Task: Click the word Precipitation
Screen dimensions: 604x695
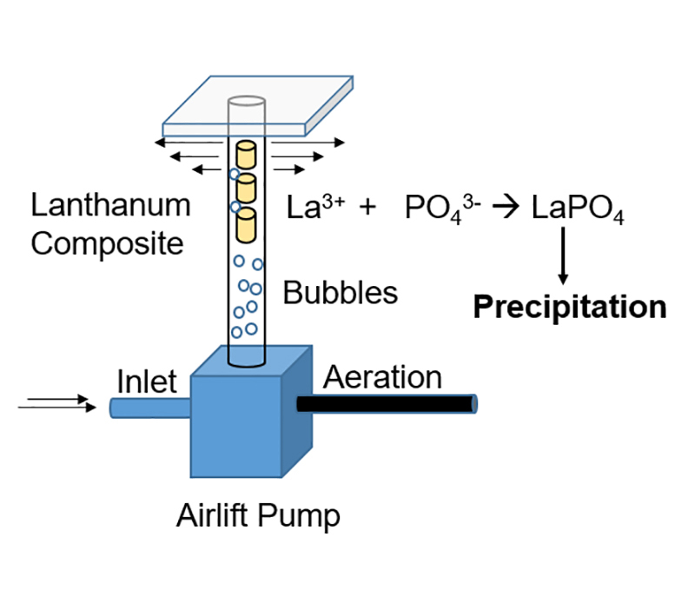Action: (569, 307)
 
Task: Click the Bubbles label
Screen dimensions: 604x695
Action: (341, 293)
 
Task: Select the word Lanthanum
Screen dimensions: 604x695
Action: (110, 206)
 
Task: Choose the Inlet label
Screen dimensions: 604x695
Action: (147, 381)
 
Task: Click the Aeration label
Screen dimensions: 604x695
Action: (382, 377)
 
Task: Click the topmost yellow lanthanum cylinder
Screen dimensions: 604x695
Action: (245, 156)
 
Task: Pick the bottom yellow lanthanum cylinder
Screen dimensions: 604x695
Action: (246, 225)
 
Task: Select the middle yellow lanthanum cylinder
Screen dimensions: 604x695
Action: (246, 189)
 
